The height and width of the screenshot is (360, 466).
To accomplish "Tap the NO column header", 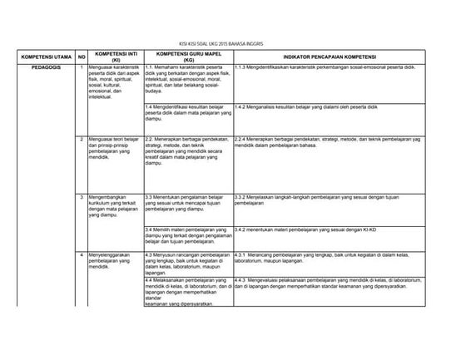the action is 82,56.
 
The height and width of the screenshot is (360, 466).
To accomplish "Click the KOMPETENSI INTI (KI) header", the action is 116,56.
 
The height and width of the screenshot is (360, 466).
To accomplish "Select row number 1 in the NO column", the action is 82,67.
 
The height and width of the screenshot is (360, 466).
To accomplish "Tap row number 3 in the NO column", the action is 82,196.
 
